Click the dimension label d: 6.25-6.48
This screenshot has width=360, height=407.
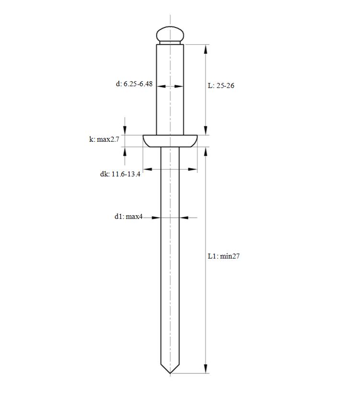[134, 84]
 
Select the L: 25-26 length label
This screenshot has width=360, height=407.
[221, 86]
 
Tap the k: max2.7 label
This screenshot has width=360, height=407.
[104, 139]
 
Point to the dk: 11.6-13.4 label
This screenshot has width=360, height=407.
[120, 174]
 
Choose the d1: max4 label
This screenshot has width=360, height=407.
[129, 217]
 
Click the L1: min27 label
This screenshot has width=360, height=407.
[224, 256]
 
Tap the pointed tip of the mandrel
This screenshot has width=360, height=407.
[170, 373]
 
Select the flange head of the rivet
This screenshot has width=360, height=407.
[170, 141]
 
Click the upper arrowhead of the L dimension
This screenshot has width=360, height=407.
[205, 49]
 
